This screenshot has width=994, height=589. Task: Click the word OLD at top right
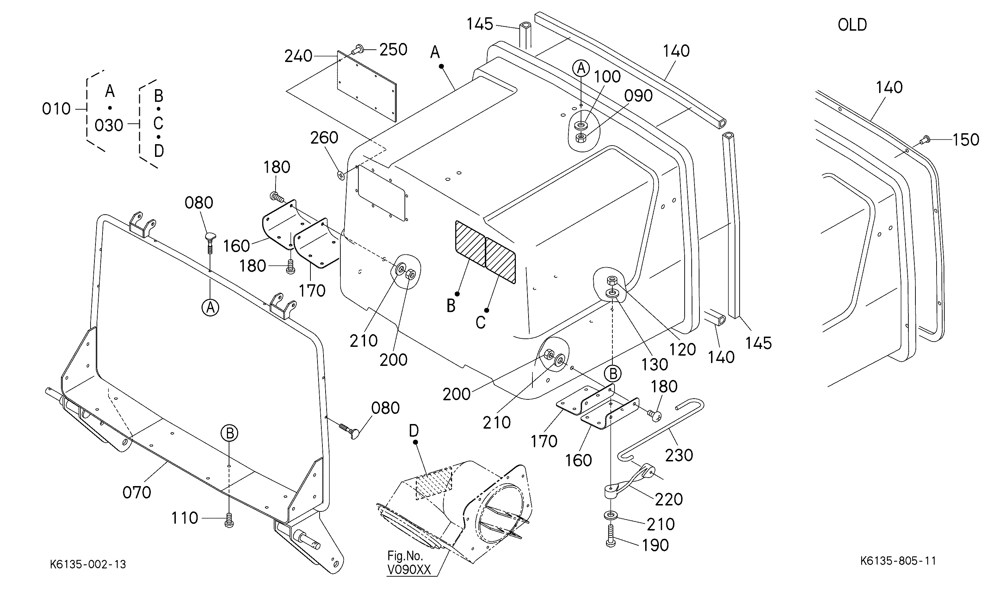(852, 25)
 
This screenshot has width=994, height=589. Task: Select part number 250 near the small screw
(393, 50)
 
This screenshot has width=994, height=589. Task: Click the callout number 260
(324, 138)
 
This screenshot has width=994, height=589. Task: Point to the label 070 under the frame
(137, 492)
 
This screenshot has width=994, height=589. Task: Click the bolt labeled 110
(229, 520)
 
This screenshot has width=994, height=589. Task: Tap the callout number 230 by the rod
(679, 455)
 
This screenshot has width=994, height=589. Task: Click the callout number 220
(669, 499)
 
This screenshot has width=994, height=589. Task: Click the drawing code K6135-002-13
(88, 564)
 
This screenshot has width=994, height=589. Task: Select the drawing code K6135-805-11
(898, 561)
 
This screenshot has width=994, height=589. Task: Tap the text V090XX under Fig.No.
(408, 570)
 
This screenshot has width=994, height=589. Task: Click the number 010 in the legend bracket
(56, 109)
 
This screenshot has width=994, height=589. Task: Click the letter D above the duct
(414, 431)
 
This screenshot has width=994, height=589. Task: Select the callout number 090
(638, 96)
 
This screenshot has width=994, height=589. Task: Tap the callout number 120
(683, 349)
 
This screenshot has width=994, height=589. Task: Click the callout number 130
(655, 364)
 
